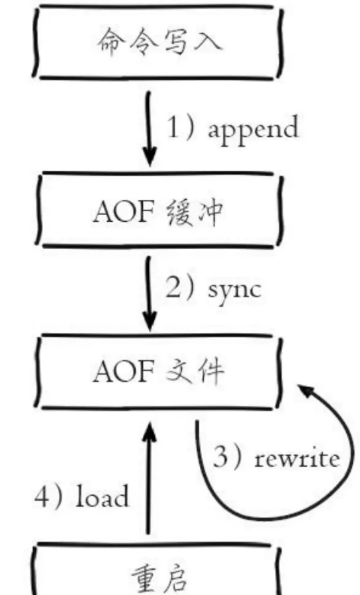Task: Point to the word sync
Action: click(235, 291)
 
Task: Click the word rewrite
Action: click(297, 459)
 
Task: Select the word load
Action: click(103, 496)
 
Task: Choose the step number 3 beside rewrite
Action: click(220, 457)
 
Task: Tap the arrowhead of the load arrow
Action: click(150, 432)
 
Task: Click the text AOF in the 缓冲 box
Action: click(124, 211)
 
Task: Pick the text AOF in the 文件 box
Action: click(124, 371)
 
